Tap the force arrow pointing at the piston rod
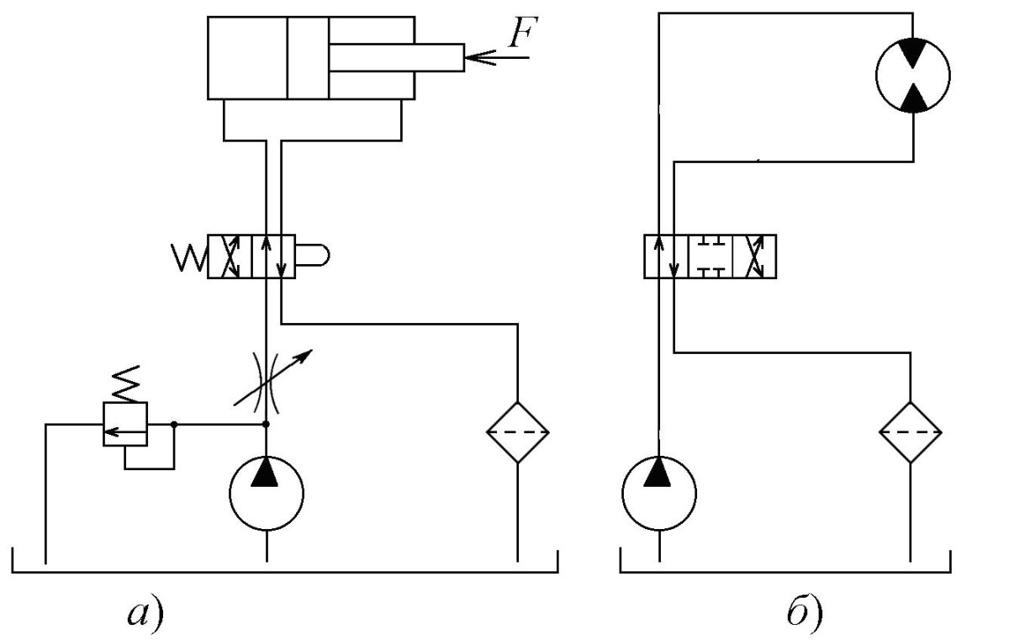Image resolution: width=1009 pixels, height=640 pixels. [x=496, y=57]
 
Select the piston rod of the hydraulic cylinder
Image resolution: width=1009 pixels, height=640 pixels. [x=396, y=57]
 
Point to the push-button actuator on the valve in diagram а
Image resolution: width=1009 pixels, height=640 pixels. [x=314, y=257]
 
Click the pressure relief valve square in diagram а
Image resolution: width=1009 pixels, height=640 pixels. [x=124, y=425]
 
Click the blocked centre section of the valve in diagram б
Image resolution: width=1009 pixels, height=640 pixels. [x=711, y=257]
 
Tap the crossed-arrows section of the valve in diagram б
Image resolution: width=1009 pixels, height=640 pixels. [x=755, y=257]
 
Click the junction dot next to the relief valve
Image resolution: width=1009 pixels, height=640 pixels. [x=173, y=425]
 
